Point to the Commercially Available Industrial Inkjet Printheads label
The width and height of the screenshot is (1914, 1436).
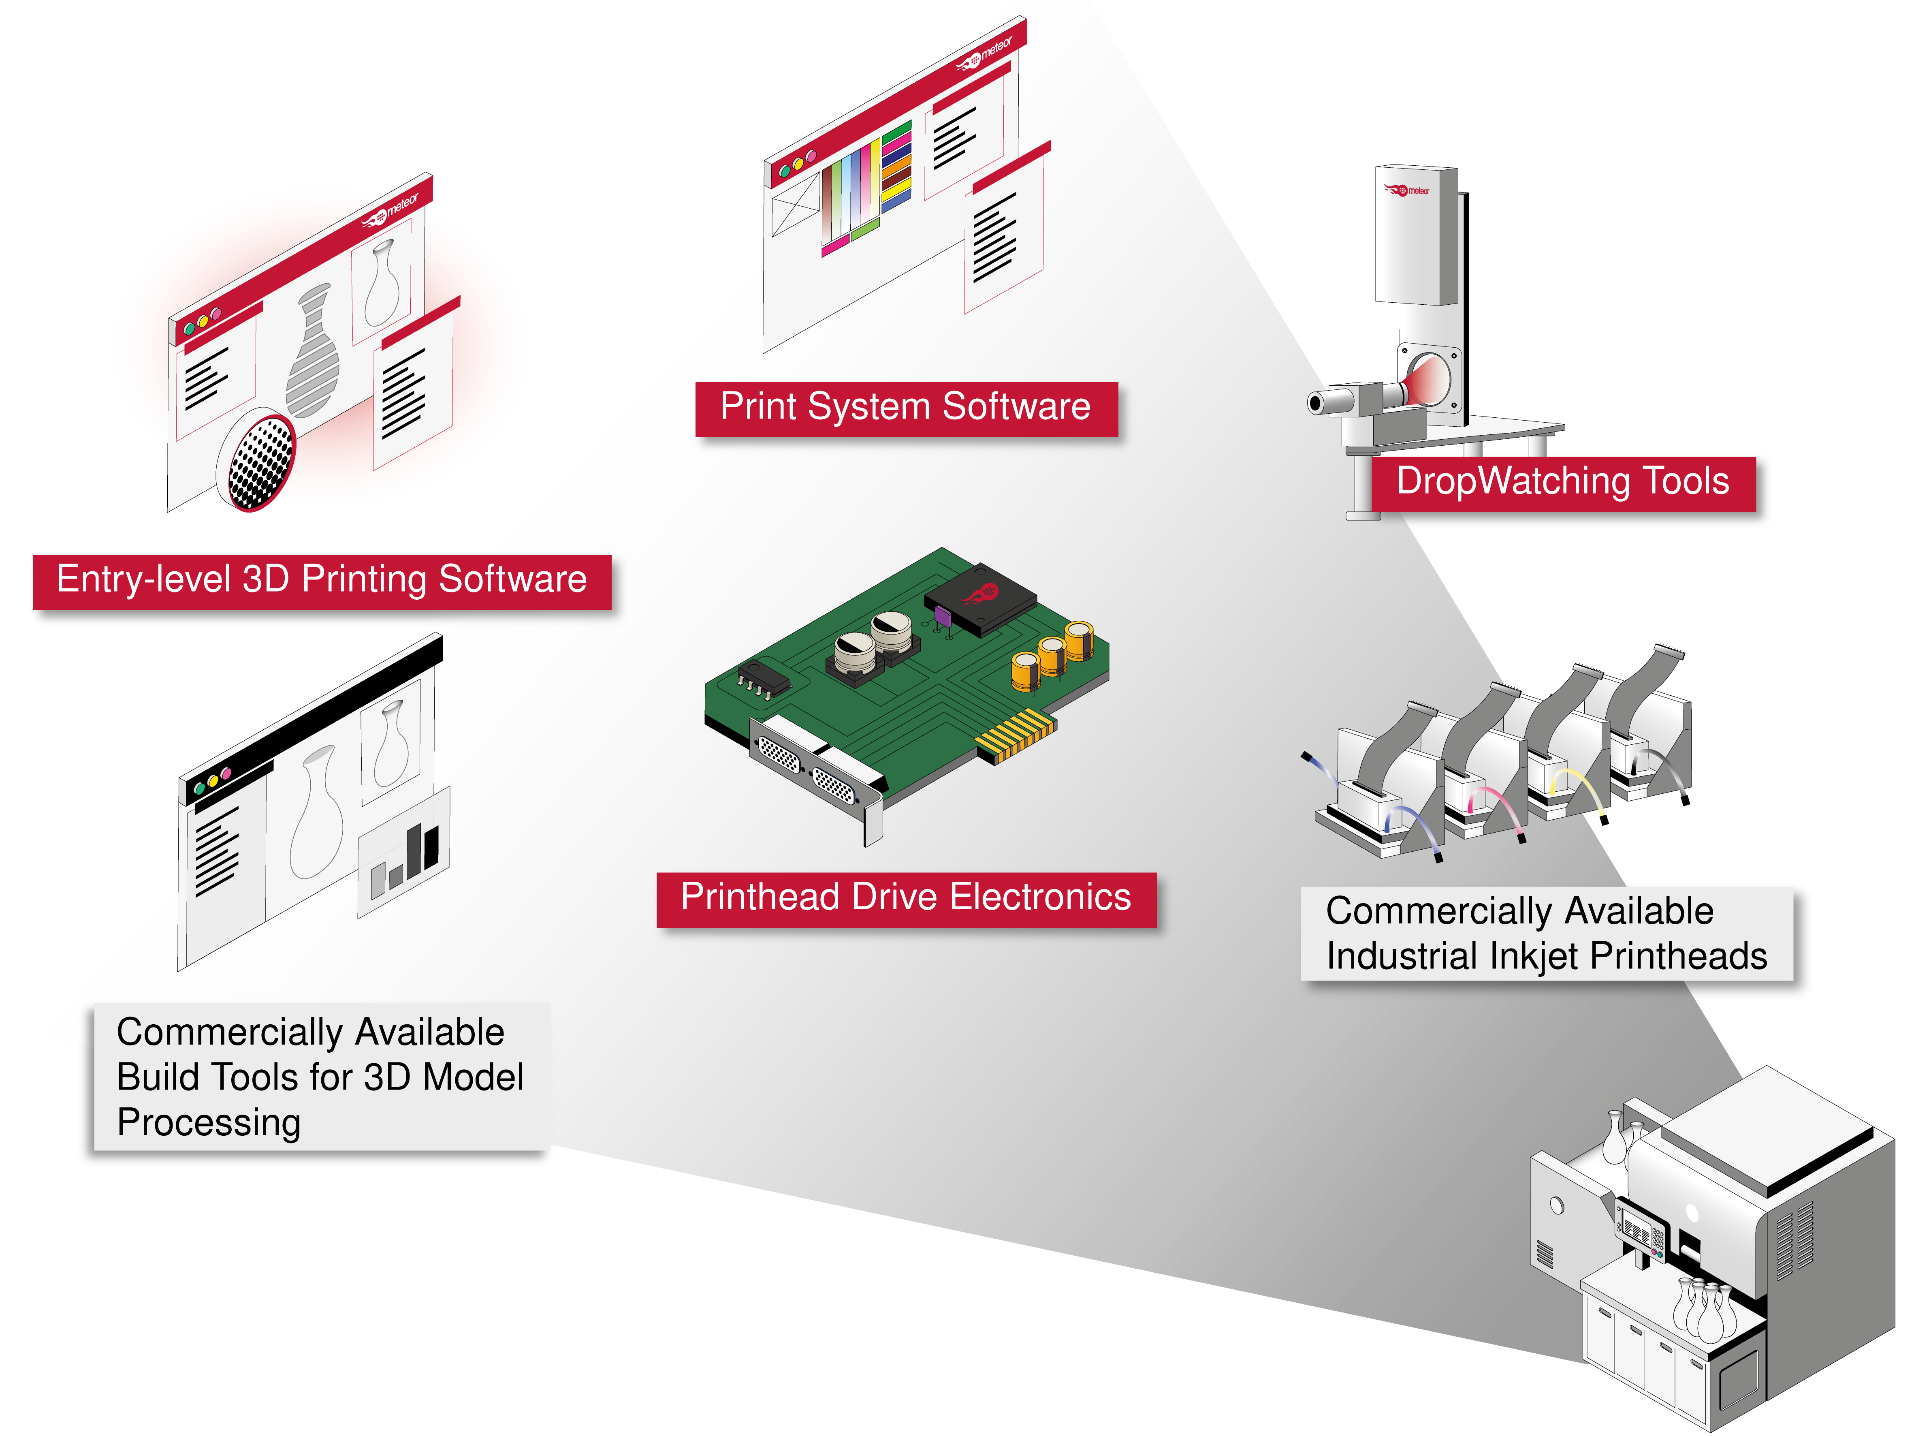pos(1546,933)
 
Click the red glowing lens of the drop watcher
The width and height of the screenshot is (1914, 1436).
pos(1426,381)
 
